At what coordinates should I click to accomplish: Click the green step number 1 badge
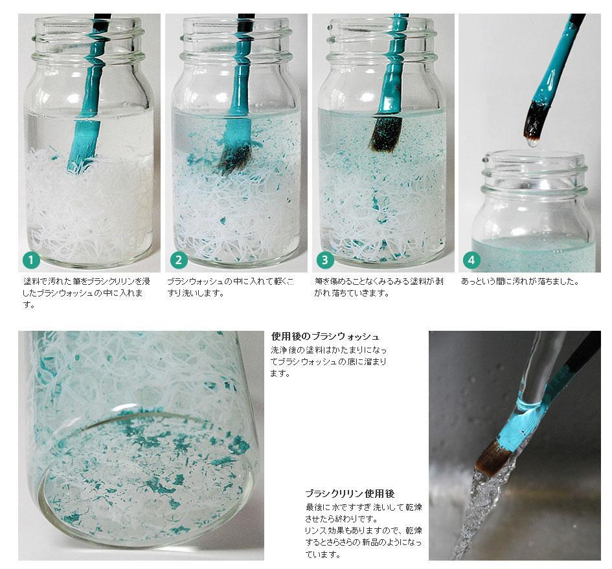point(32,260)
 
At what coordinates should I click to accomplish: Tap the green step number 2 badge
point(179,260)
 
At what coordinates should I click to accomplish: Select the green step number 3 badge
point(325,260)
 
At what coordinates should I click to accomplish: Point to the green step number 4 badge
point(471,260)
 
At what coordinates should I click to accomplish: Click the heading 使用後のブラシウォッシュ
point(325,337)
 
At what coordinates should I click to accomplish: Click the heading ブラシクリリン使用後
point(350,494)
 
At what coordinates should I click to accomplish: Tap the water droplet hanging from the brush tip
point(532,143)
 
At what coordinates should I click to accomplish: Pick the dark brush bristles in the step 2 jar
point(234,157)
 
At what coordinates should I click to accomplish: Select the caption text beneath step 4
point(520,282)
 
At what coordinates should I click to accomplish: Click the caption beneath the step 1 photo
point(86,293)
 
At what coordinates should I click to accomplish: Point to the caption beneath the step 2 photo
point(231,287)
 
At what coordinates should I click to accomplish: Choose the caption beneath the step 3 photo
point(379,287)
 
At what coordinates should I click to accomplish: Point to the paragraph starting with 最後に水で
point(363,531)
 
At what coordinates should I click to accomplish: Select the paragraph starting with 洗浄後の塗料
point(328,361)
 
